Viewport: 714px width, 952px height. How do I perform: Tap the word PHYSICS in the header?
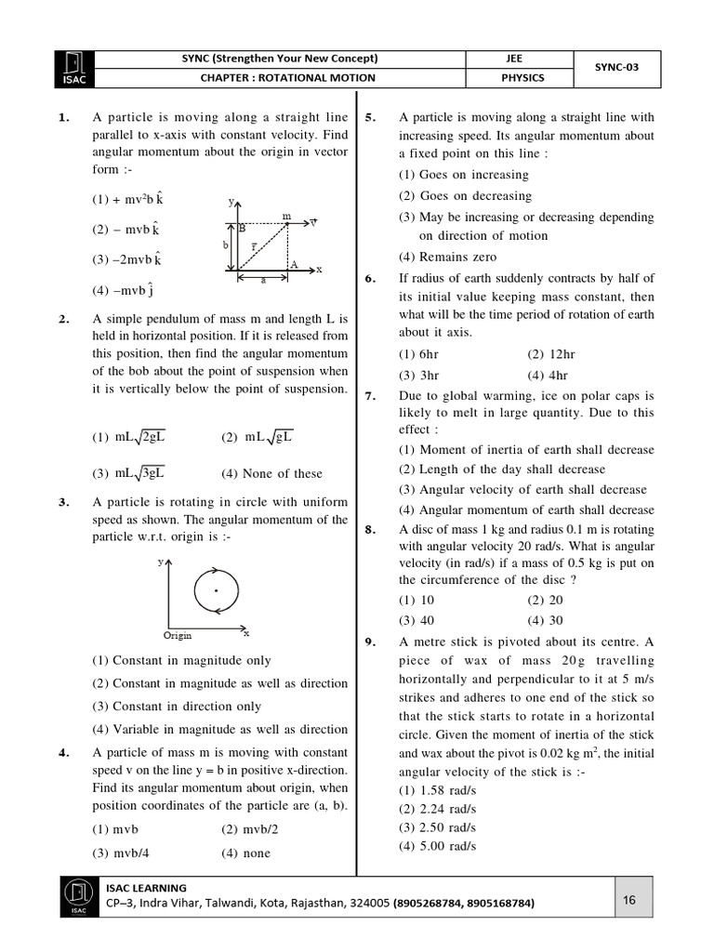pyautogui.click(x=522, y=78)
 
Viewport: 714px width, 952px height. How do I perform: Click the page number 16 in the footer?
pyautogui.click(x=629, y=899)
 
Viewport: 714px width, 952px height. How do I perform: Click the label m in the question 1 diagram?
pyautogui.click(x=285, y=215)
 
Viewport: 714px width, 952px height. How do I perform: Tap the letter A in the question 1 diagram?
pyautogui.click(x=293, y=264)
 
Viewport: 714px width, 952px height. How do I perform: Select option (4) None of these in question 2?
pyautogui.click(x=271, y=473)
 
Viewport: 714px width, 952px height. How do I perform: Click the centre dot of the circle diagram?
pyautogui.click(x=217, y=590)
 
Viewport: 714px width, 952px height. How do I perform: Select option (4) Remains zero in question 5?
pyautogui.click(x=448, y=257)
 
